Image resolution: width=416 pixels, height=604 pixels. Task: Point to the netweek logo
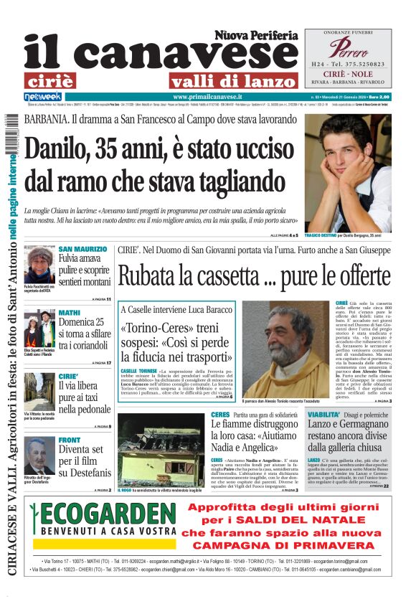pyautogui.click(x=42, y=97)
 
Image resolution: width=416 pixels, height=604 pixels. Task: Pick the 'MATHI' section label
pyautogui.click(x=70, y=313)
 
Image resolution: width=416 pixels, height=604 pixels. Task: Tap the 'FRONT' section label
pyautogui.click(x=70, y=439)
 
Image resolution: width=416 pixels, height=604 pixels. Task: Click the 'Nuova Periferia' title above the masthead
pyautogui.click(x=255, y=34)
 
